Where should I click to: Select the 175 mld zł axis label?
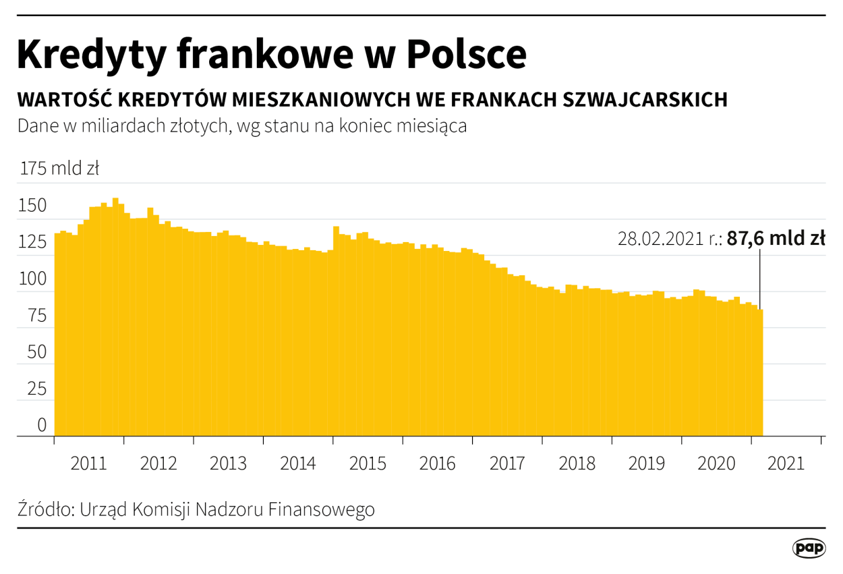coord(60,169)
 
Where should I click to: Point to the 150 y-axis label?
coord(33,206)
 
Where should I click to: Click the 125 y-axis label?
coord(33,241)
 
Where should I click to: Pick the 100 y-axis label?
coord(33,279)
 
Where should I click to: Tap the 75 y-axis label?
coord(37,315)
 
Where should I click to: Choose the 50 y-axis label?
coord(37,351)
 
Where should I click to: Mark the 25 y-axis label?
coord(37,389)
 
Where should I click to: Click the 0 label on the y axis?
coord(42,425)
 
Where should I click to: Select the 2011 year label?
coord(88,464)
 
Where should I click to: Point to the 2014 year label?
coord(298,464)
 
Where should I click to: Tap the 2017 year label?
coord(507,464)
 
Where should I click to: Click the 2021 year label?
coord(786,464)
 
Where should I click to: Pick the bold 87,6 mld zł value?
coord(776,239)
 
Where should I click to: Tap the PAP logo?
coord(809,548)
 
